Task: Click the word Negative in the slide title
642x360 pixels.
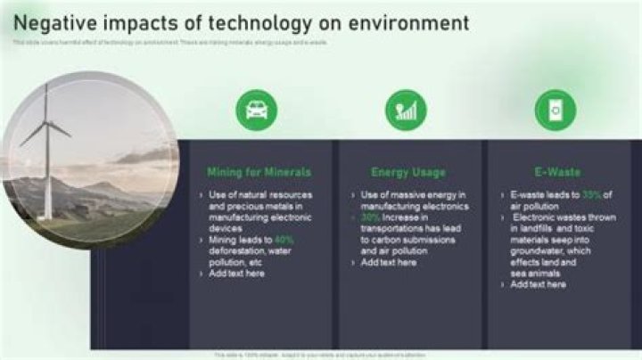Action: (x=55, y=22)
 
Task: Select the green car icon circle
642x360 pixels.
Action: (x=256, y=110)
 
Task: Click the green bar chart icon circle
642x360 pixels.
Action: (x=406, y=110)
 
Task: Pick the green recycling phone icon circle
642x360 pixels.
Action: (x=556, y=110)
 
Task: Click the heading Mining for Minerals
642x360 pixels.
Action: (x=259, y=172)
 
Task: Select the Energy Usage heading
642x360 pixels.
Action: (x=408, y=172)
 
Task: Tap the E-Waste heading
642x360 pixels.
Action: (x=557, y=172)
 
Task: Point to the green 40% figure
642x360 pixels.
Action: (x=284, y=240)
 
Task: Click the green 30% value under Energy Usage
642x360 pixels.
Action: (x=371, y=217)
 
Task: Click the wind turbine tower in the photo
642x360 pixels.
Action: (x=46, y=178)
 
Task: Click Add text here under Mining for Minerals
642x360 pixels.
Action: (x=236, y=274)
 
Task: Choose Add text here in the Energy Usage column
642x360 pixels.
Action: (x=389, y=263)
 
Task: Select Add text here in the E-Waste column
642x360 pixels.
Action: (x=538, y=285)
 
